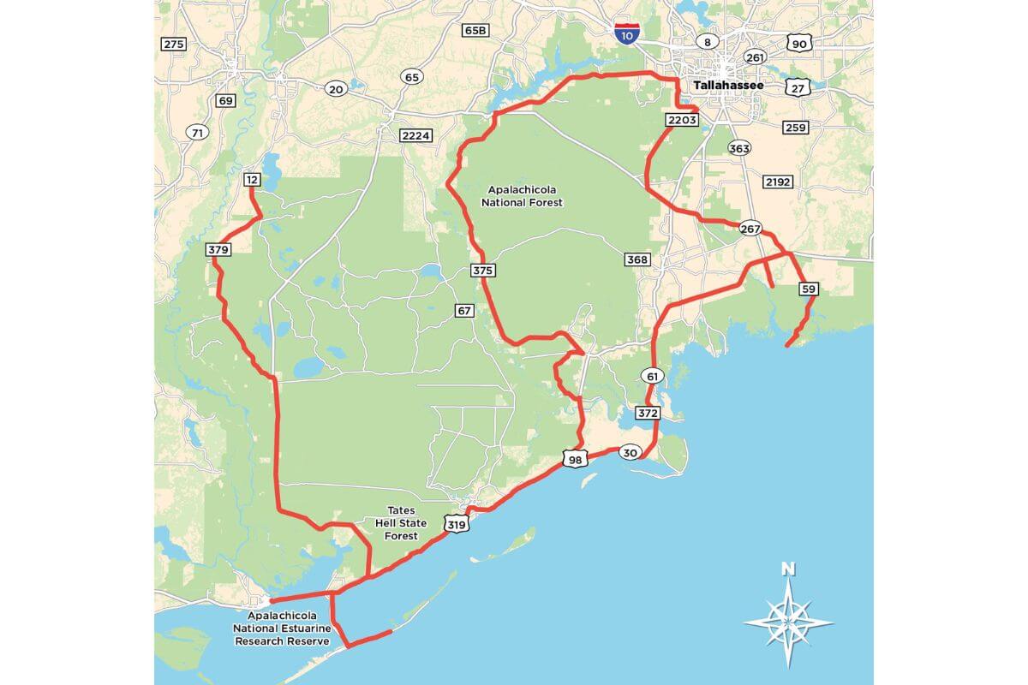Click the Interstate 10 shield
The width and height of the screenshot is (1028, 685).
pyautogui.click(x=626, y=33)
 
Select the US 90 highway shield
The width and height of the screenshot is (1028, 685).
pyautogui.click(x=798, y=44)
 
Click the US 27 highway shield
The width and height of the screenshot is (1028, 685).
pyautogui.click(x=798, y=88)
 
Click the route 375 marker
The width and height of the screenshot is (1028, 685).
pyautogui.click(x=483, y=271)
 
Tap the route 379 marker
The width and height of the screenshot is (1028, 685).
pyautogui.click(x=218, y=250)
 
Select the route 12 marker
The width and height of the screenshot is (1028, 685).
pyautogui.click(x=252, y=179)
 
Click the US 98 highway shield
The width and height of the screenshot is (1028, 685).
pyautogui.click(x=573, y=460)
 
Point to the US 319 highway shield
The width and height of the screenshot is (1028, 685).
pyautogui.click(x=456, y=523)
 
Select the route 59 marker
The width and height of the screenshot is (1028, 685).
pyautogui.click(x=808, y=289)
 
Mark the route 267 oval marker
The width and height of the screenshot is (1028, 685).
pyautogui.click(x=750, y=229)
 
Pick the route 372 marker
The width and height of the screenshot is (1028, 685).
pyautogui.click(x=648, y=414)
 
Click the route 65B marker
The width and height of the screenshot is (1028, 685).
pyautogui.click(x=475, y=30)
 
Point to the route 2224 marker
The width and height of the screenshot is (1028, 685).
pyautogui.click(x=415, y=135)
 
